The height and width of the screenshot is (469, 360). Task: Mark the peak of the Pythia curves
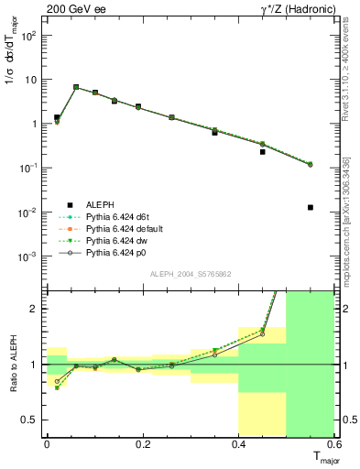tap(76, 87)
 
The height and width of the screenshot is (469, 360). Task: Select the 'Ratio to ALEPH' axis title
tap(12, 363)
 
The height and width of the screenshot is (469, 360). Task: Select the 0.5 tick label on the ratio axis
tap(33, 420)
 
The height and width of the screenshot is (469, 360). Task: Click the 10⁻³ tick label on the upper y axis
tap(28, 256)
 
